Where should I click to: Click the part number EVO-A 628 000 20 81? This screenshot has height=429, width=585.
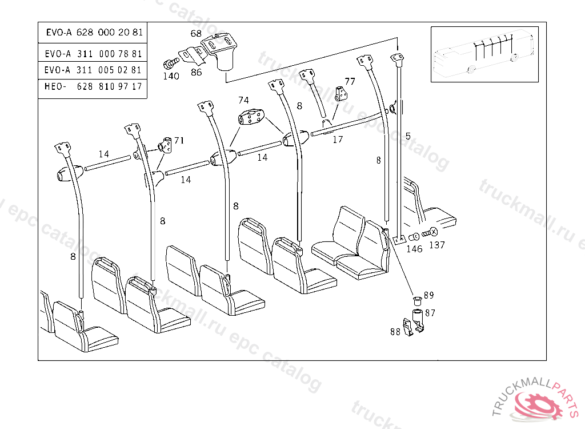click(94, 33)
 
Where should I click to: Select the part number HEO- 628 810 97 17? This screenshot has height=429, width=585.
click(93, 86)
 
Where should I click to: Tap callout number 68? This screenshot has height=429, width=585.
click(196, 34)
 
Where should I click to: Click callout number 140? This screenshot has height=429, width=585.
click(171, 76)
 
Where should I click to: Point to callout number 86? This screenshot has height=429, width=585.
click(196, 72)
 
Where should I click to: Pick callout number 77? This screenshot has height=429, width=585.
click(350, 81)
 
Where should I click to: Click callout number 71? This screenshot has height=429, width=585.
click(179, 140)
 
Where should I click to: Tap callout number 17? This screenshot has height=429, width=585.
click(338, 138)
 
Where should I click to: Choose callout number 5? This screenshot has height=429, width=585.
click(408, 136)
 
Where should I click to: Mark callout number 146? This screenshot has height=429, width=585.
click(414, 249)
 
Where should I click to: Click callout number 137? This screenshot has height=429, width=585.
click(437, 245)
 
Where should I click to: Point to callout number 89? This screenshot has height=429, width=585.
click(428, 295)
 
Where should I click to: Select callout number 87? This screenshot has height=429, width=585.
click(430, 312)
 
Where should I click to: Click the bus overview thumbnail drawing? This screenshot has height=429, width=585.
click(484, 54)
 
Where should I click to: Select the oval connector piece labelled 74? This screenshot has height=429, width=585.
click(250, 119)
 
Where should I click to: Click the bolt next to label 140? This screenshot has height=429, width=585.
click(169, 62)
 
